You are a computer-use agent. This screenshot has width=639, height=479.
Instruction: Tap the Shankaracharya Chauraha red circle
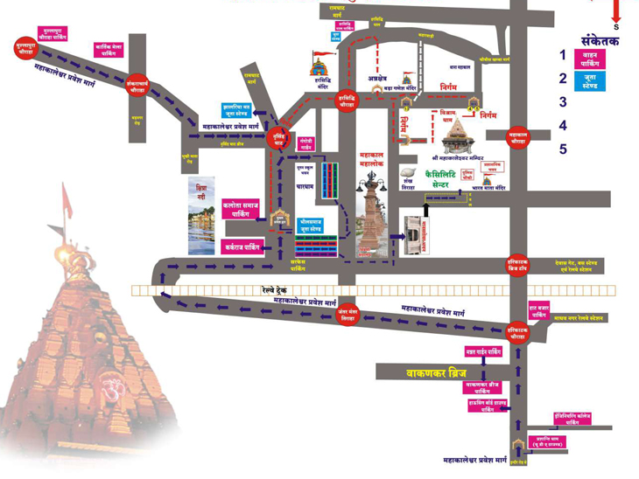tap(136, 84)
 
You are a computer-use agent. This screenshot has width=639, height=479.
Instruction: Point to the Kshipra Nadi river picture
tap(201, 217)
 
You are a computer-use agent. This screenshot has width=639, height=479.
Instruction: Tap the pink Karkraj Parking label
tap(242, 246)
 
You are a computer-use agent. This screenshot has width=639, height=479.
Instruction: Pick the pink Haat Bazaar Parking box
tap(538, 310)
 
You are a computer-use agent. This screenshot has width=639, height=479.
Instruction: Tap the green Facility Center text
tap(448, 180)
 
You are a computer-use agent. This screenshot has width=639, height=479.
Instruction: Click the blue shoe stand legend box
tap(602, 82)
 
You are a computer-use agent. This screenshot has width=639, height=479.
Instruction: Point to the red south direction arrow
tap(616, 12)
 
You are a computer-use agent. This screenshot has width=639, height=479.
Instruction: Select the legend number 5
tap(563, 149)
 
